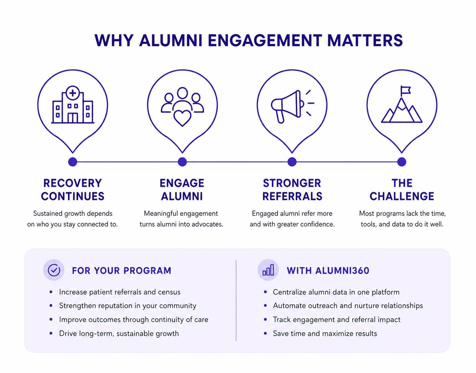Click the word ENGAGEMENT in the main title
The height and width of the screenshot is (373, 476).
[x=265, y=41]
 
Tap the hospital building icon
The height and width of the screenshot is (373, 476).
[x=73, y=105]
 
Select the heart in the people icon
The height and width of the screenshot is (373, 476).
[x=182, y=118]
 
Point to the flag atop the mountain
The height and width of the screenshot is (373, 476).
[x=405, y=91]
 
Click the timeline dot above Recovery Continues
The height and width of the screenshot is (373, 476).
[x=73, y=162]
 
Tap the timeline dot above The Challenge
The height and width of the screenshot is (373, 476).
[x=402, y=162]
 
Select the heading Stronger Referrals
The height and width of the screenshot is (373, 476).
[x=292, y=190]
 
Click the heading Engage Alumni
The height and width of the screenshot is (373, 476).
[x=182, y=190]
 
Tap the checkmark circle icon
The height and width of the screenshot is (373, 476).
[x=54, y=270]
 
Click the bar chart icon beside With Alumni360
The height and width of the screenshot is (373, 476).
[x=268, y=270]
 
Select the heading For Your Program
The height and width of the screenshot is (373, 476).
[x=122, y=271]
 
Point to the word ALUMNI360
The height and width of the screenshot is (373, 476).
[x=342, y=271]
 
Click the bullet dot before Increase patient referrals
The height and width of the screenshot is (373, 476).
[x=51, y=292]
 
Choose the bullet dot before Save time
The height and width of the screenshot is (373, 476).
[x=265, y=333]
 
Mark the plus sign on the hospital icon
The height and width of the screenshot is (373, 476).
[x=73, y=93]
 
